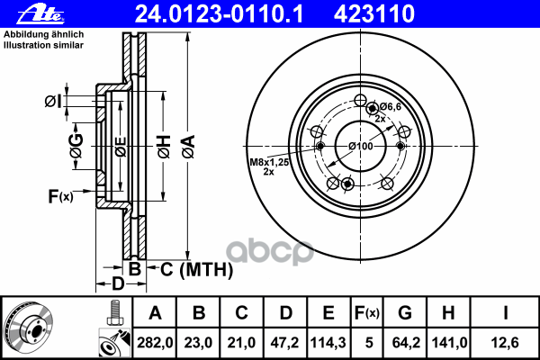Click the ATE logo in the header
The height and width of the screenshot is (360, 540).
pos(25,13)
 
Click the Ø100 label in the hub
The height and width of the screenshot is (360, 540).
pos(360,146)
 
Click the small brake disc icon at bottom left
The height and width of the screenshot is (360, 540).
pos(29,327)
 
